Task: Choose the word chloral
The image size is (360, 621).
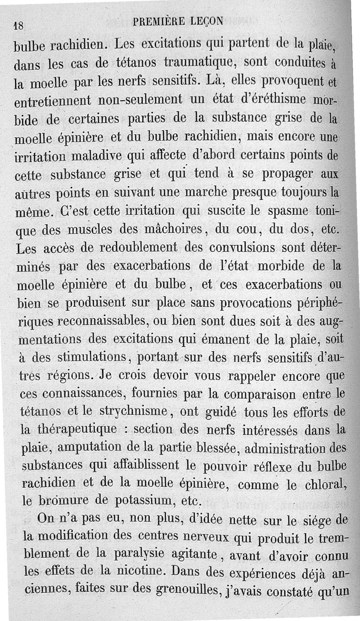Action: click(324, 485)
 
